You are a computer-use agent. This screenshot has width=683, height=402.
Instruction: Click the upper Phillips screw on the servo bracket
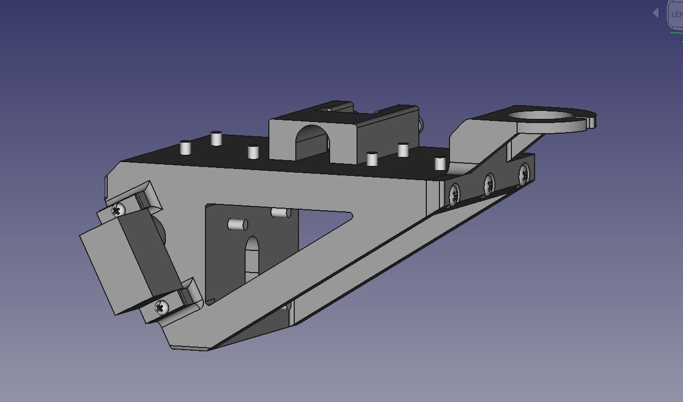pyautogui.click(x=117, y=210)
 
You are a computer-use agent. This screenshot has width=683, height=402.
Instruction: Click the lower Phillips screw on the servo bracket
pyautogui.click(x=162, y=306)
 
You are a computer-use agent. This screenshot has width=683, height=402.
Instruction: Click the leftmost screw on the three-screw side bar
pyautogui.click(x=454, y=194)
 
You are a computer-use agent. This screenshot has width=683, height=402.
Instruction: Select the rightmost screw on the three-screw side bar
pyautogui.click(x=523, y=173)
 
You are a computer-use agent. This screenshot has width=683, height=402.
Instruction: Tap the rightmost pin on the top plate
pyautogui.click(x=440, y=163)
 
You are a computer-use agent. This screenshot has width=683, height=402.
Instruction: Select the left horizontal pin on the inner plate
pyautogui.click(x=237, y=224)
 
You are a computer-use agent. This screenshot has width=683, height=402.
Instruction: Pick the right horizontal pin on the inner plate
pyautogui.click(x=280, y=212)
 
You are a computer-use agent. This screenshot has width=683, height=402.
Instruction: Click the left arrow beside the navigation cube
pyautogui.click(x=656, y=13)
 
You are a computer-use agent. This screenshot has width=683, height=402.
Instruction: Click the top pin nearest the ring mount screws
pyautogui.click(x=440, y=163)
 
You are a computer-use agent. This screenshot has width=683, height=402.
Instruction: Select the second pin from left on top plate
pyautogui.click(x=216, y=138)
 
